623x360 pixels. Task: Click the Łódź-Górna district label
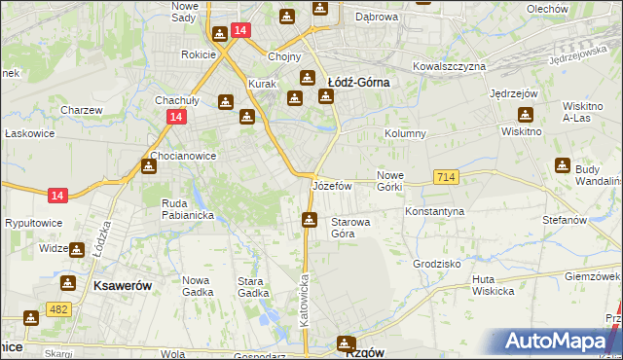click(x=358, y=83)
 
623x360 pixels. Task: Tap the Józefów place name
click(x=331, y=185)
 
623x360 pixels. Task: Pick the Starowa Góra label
click(x=350, y=228)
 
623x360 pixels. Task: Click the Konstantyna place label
click(x=435, y=210)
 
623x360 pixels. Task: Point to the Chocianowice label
click(x=183, y=156)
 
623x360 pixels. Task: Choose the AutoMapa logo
click(x=562, y=341)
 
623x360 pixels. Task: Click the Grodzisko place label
click(x=436, y=264)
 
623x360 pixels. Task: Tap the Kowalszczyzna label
click(x=449, y=66)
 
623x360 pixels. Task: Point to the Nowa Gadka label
click(x=202, y=286)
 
